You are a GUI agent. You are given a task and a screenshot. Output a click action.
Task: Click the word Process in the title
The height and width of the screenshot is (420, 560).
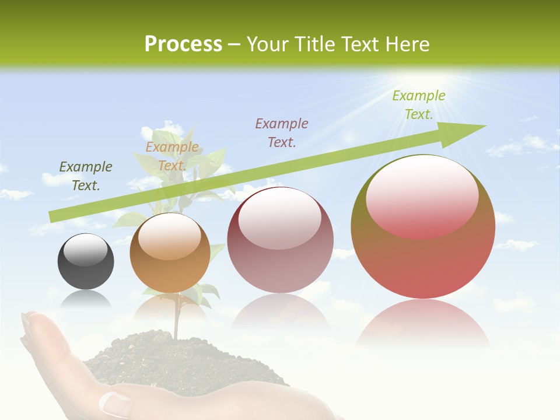[183, 44]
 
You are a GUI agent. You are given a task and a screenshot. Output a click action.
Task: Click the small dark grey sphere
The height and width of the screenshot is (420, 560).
[86, 261]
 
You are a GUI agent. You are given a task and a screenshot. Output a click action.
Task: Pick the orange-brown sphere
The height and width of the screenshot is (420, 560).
[170, 253]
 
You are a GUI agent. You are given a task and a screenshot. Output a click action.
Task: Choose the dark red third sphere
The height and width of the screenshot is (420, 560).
[281, 240]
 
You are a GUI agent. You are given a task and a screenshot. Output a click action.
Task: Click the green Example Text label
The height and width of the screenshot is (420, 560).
[418, 105]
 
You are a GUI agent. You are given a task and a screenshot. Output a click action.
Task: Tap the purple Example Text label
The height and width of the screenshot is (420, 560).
[282, 132]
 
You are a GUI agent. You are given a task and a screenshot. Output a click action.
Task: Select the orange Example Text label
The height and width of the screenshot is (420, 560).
[172, 156]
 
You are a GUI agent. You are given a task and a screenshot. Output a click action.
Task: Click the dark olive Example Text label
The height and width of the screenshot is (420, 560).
[86, 176]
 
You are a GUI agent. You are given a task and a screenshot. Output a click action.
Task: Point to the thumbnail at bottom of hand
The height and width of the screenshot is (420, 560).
[116, 402]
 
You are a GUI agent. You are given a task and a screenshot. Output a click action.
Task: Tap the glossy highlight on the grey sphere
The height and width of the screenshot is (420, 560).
[85, 251]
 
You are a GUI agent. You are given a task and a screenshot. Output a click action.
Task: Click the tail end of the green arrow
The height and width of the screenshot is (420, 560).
[54, 216]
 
